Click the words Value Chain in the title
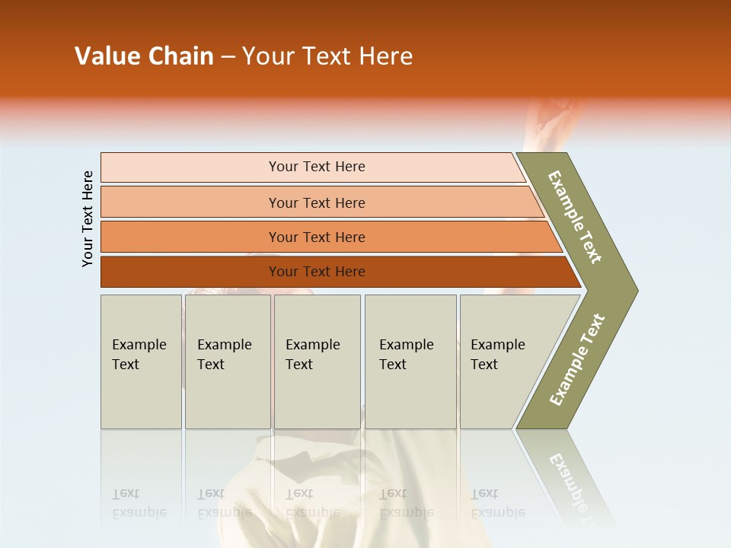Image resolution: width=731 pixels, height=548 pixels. coord(144,56)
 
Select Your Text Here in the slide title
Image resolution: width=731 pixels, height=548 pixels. coord(327,56)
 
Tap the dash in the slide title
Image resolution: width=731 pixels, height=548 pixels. coord(228,57)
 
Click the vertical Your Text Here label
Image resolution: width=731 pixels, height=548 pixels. coord(88,218)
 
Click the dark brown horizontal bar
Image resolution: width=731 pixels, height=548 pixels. coord(190,272)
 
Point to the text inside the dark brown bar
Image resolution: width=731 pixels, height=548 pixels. coord(317,272)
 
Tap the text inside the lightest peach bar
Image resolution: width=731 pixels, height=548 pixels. coord(317,167)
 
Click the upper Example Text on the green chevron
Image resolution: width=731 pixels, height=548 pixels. coord(575,217)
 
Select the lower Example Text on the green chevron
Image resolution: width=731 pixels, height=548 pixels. coord(576,359)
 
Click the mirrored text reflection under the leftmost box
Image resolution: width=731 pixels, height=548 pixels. coord(139,503)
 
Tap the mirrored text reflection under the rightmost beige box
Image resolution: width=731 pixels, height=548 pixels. coord(497,503)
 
